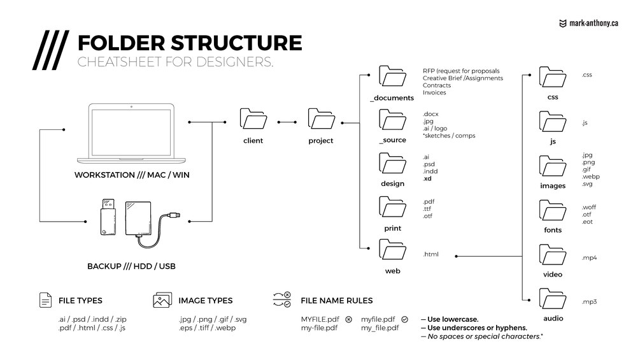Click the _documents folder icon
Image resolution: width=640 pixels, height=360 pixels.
coord(391,76)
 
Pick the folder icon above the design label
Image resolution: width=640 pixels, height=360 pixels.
coord(391,164)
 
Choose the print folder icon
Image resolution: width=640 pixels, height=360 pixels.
coord(391,206)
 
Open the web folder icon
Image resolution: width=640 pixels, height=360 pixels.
coord(391,250)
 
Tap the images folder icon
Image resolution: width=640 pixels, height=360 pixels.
coord(552,165)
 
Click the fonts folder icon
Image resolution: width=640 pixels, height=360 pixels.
coord(552,210)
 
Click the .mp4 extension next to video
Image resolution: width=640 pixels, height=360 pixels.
coord(588,258)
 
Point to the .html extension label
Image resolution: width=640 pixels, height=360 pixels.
coord(430,255)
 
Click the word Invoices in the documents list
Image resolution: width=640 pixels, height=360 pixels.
coord(434,92)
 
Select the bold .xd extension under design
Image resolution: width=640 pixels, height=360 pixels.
coord(427,179)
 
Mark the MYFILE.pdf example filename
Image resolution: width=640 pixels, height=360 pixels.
coord(322,319)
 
